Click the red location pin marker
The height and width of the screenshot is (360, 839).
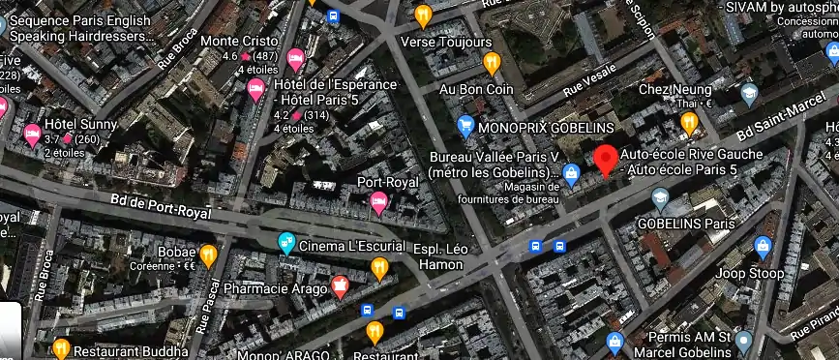tap(607, 159)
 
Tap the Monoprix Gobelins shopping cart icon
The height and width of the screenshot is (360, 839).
tap(465, 126)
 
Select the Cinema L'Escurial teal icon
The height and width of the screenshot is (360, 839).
tap(286, 243)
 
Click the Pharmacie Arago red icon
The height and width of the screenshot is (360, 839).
tap(340, 285)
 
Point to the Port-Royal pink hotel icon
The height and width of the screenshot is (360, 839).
tap(378, 201)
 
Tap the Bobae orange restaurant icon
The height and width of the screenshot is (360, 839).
tap(208, 254)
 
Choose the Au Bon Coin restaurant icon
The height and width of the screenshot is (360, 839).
tap(492, 64)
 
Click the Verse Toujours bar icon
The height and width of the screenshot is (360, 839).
tap(423, 15)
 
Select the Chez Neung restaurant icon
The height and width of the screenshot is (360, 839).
tap(689, 121)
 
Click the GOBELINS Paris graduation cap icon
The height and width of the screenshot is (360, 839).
tap(661, 199)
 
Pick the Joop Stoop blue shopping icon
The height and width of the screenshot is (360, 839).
tap(763, 247)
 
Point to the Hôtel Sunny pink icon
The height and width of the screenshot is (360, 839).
tap(32, 135)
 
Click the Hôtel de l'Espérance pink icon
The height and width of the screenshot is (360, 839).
tap(256, 91)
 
